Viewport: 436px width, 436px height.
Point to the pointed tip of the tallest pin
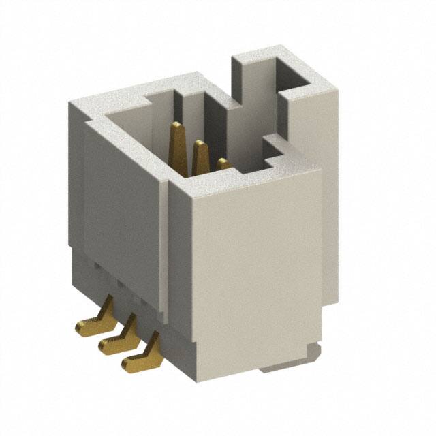coord(177,125)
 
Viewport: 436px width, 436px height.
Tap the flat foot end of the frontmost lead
coord(129,363)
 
